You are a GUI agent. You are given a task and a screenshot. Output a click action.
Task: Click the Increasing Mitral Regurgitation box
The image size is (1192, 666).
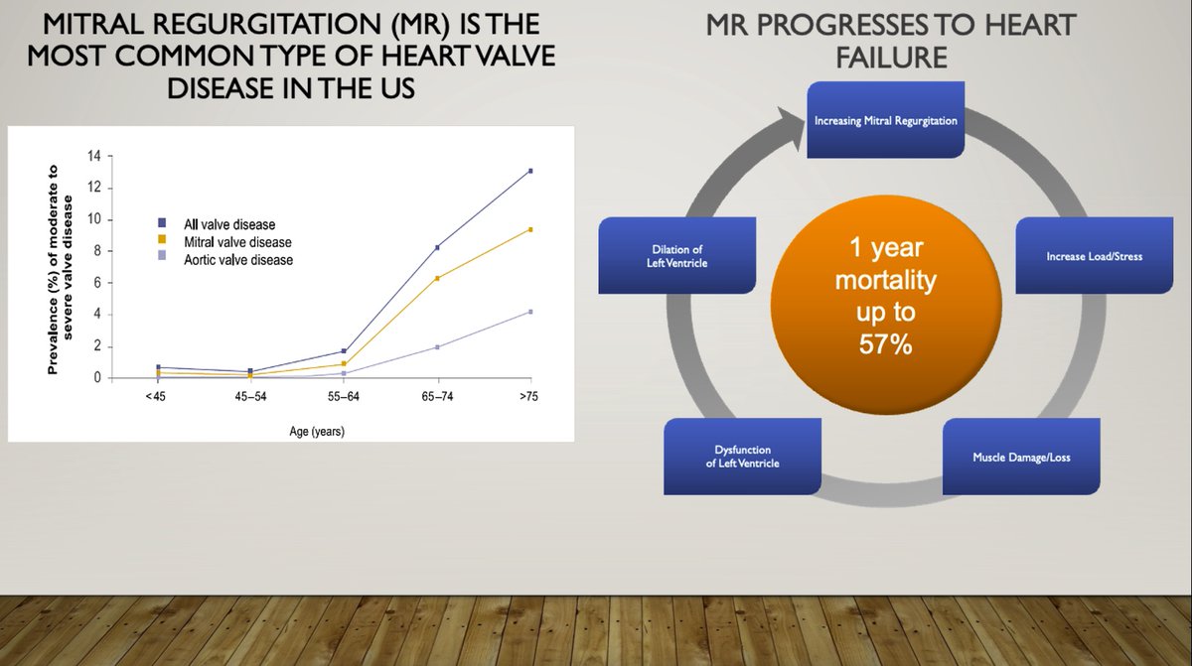pos(885,119)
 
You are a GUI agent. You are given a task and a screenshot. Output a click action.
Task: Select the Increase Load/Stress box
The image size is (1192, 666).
pos(1094,256)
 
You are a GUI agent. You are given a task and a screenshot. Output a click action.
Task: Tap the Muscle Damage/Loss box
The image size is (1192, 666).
pos(1021,457)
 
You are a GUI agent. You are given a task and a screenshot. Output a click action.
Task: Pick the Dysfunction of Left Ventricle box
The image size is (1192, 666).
pos(742,457)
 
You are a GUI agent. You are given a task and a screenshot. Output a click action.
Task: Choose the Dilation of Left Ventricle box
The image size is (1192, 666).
pos(676,256)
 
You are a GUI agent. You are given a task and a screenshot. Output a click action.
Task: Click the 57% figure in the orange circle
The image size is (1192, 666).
pos(885,344)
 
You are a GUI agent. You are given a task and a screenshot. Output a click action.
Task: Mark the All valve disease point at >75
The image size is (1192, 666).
pos(530,171)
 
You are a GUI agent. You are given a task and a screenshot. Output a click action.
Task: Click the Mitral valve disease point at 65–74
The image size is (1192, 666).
pos(437,278)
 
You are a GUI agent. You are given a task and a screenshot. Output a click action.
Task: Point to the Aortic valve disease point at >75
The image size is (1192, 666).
pos(530,312)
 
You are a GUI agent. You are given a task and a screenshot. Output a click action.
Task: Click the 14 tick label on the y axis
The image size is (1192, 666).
pos(94,156)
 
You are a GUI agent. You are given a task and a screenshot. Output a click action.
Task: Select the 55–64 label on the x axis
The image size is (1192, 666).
pos(344,396)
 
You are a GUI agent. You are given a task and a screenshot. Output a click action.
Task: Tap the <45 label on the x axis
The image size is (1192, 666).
pos(155,396)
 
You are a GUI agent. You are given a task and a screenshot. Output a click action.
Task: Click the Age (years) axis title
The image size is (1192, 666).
pos(317,431)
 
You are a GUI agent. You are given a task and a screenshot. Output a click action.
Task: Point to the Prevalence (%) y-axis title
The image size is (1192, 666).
pos(60,270)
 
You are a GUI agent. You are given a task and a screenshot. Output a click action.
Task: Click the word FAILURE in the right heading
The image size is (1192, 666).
pos(891,58)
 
